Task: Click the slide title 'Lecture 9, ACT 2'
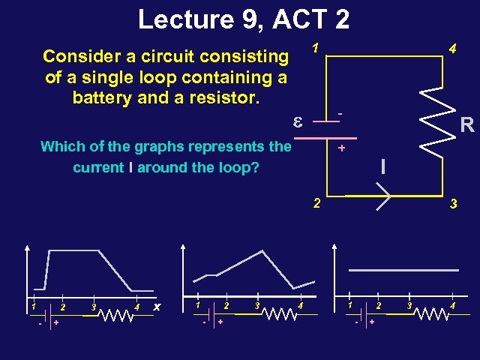(243, 19)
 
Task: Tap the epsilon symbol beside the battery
(297, 123)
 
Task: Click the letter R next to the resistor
(466, 125)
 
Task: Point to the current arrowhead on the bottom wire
(384, 198)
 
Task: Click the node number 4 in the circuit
(452, 49)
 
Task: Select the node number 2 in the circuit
(317, 203)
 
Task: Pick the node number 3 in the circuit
(453, 204)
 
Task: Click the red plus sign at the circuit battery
(340, 148)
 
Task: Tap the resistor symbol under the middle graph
(277, 315)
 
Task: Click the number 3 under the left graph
(92, 307)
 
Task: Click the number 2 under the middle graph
(226, 306)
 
